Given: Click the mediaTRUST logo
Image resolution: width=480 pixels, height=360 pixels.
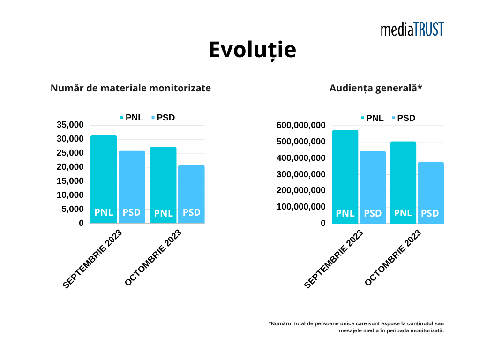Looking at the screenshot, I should (412, 30).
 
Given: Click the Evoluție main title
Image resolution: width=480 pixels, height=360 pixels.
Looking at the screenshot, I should (252, 50).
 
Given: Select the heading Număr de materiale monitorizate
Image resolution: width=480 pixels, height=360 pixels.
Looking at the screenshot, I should (131, 88).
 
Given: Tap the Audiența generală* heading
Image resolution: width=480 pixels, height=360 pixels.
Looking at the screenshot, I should (376, 88).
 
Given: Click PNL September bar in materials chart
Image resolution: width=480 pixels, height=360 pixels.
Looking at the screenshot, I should (104, 178).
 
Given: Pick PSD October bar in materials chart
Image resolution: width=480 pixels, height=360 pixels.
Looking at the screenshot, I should (191, 193).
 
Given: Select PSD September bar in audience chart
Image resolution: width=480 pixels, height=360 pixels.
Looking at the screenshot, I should (373, 187).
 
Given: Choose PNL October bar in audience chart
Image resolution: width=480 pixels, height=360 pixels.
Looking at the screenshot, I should (403, 182).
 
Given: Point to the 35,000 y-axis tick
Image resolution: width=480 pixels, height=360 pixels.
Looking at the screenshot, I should (70, 125).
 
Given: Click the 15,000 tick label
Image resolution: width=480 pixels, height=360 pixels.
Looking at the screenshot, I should (70, 181).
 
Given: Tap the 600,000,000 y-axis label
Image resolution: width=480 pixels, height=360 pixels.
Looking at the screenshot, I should (301, 125).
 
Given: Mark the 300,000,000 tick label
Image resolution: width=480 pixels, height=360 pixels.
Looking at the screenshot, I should (301, 174).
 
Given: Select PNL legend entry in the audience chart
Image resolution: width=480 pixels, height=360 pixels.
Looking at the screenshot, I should (372, 118).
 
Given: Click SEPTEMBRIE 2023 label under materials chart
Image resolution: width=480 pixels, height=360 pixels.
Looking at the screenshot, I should (92, 259).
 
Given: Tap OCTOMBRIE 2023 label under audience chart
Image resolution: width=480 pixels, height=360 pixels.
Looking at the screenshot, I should (393, 258).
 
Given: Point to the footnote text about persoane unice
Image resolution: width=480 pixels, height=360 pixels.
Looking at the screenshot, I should (356, 327).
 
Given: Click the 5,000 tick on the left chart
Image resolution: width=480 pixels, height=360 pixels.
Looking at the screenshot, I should (73, 209).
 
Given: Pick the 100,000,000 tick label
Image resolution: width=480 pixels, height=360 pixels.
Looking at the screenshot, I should (301, 207).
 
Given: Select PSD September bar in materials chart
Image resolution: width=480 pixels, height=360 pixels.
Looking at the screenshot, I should (132, 186).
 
